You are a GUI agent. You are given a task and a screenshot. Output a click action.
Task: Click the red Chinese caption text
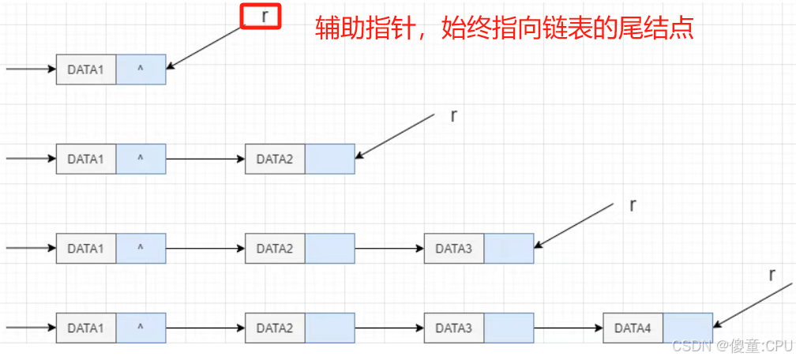point(504,28)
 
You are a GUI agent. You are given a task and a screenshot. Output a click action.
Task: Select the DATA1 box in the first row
point(86,69)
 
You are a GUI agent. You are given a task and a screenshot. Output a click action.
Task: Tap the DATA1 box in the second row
point(86,159)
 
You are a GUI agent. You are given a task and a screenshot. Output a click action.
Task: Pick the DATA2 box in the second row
point(275,159)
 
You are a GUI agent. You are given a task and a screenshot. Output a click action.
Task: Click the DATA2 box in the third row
point(275,249)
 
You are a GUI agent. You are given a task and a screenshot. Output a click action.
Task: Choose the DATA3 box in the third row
point(454,249)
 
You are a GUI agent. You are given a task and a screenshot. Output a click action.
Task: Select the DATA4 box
point(633,328)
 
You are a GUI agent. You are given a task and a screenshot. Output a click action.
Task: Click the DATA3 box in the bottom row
point(454,328)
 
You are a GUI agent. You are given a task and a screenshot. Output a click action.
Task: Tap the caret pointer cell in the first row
point(141,69)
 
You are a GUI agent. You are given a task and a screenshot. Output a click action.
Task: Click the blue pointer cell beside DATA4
point(688,328)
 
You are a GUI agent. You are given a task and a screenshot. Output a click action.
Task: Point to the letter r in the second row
point(453,116)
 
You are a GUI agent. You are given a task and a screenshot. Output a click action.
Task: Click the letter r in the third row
point(633,205)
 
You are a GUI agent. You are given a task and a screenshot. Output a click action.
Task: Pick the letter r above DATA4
point(772,275)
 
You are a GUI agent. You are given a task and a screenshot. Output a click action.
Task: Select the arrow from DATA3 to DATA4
point(569,328)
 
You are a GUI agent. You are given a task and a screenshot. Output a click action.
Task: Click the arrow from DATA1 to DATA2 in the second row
point(205,159)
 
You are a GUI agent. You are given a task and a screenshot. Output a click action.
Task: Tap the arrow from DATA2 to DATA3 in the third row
point(389,249)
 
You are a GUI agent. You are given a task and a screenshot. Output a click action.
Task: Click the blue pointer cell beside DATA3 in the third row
point(509,249)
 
